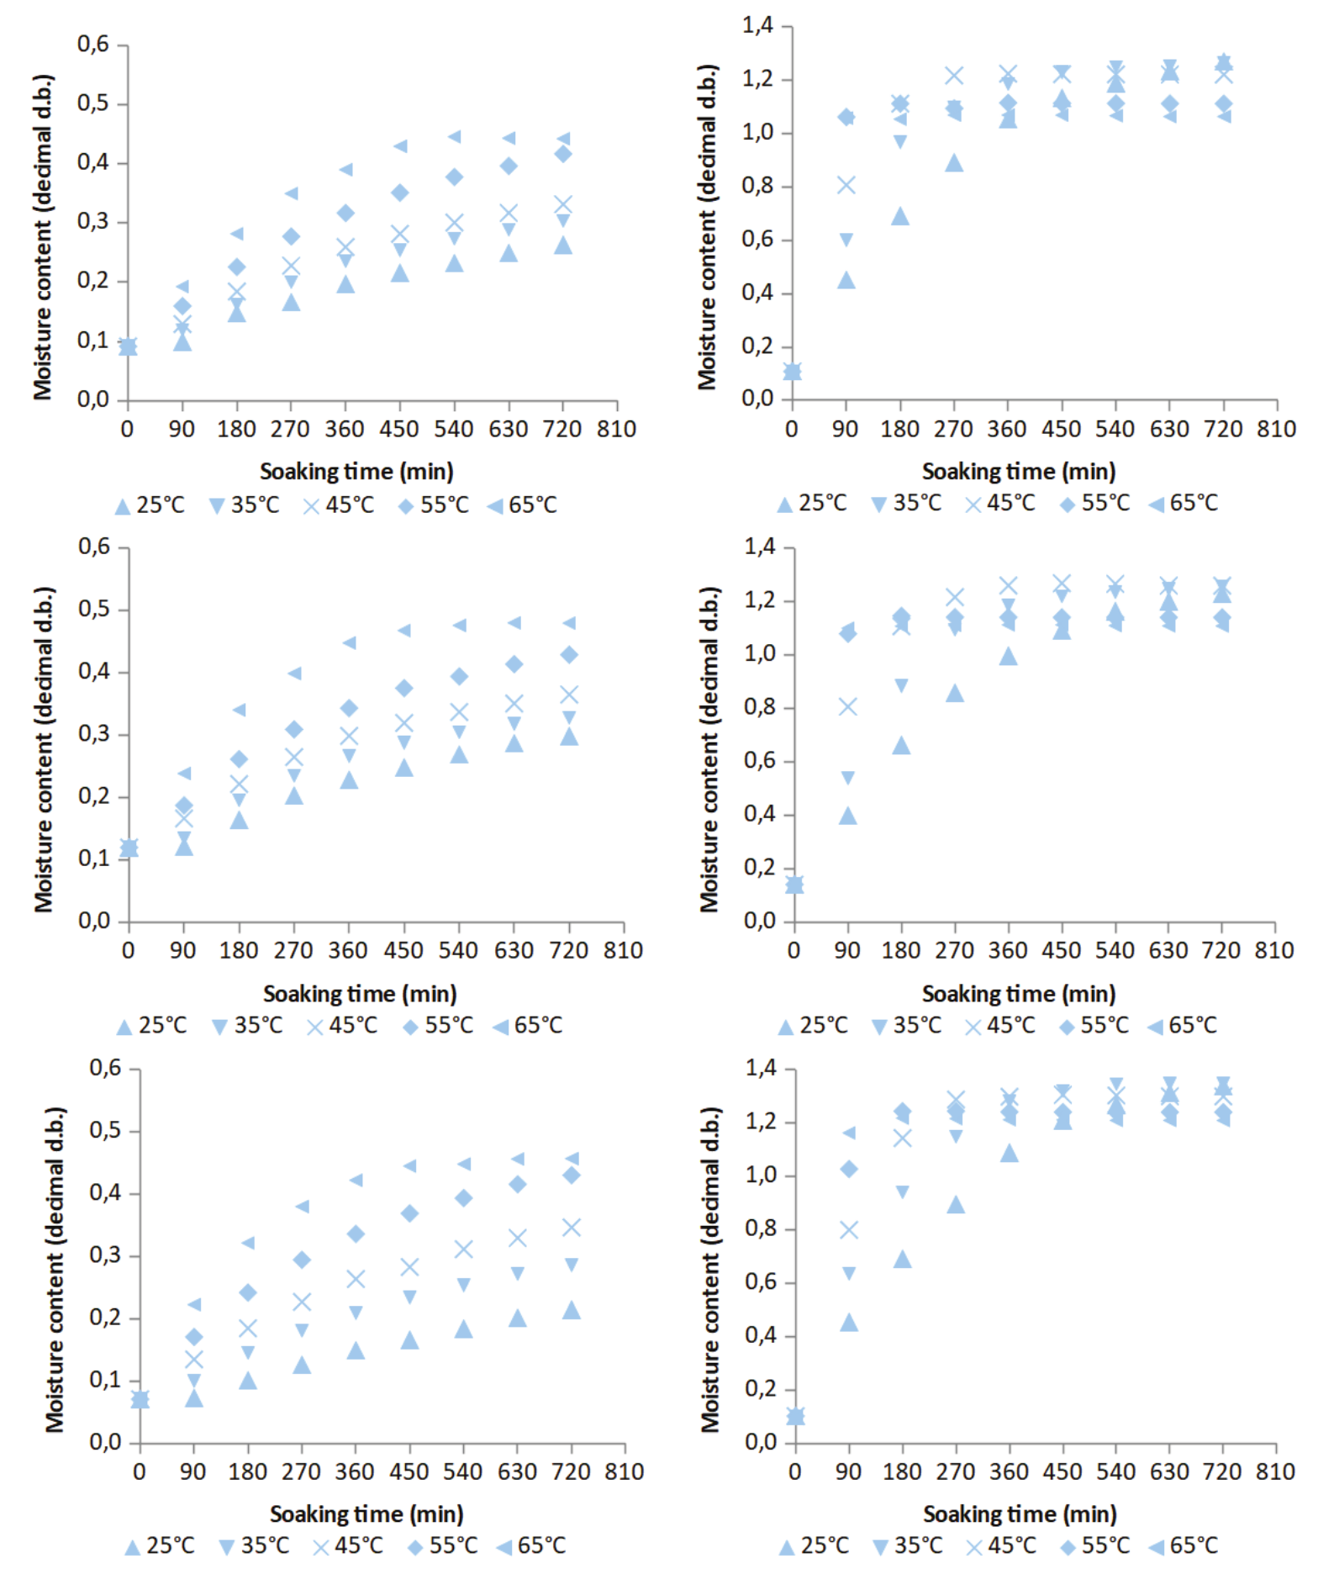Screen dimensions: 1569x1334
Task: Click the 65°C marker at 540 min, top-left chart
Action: (454, 136)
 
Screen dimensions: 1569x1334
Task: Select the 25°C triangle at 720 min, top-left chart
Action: (563, 246)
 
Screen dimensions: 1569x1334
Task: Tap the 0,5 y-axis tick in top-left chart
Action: (92, 103)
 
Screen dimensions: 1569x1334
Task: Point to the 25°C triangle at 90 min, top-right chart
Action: (846, 280)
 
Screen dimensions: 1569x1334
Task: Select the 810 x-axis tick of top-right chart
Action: (1276, 429)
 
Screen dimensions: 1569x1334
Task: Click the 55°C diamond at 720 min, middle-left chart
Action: (569, 654)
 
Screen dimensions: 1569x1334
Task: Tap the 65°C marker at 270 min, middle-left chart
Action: (294, 673)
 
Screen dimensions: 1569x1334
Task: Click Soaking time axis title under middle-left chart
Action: (360, 994)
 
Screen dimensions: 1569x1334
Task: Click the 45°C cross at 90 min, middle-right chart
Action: (847, 706)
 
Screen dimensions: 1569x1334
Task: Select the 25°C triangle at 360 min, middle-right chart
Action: (1008, 657)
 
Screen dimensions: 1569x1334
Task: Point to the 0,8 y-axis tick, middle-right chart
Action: (759, 707)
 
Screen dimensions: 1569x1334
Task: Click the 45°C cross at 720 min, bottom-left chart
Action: (572, 1228)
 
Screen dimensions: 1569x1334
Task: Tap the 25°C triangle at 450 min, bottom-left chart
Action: (409, 1340)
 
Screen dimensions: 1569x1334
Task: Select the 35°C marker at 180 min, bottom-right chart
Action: (902, 1191)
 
